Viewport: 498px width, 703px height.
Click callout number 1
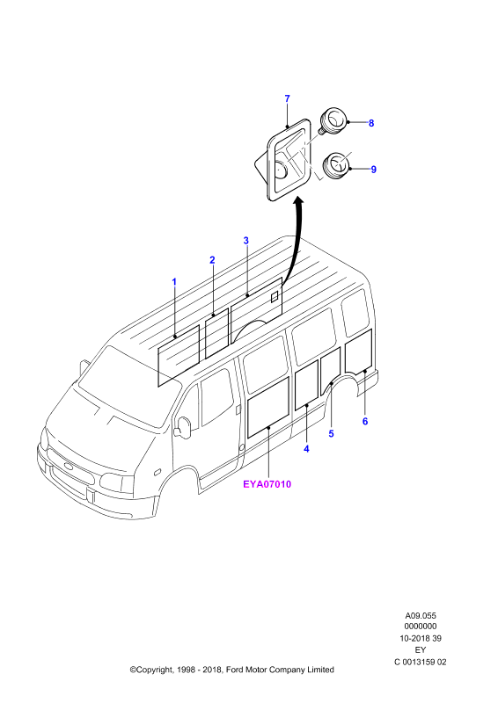point(174,282)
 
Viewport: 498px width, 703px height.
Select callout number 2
point(212,260)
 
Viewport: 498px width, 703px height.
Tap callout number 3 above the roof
point(246,241)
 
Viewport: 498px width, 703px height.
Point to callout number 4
point(307,448)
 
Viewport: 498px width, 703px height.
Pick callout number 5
point(332,433)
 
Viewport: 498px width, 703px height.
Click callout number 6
point(365,422)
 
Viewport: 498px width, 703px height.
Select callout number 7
point(288,98)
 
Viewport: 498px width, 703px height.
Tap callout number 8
point(371,123)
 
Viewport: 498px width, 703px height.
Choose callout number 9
point(374,170)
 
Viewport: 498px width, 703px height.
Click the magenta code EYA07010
point(267,484)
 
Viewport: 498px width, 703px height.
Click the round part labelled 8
point(333,120)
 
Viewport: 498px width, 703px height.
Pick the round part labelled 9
point(337,166)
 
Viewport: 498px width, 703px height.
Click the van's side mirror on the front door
point(184,427)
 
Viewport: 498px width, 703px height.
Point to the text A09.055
point(421,616)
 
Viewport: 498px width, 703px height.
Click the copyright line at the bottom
point(232,670)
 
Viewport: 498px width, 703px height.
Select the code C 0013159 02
point(421,662)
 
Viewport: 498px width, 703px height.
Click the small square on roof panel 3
point(275,297)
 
